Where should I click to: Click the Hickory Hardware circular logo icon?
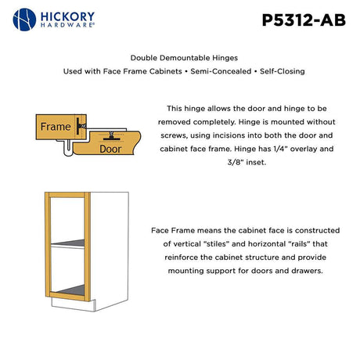(25, 19)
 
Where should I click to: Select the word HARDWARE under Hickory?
(67, 26)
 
